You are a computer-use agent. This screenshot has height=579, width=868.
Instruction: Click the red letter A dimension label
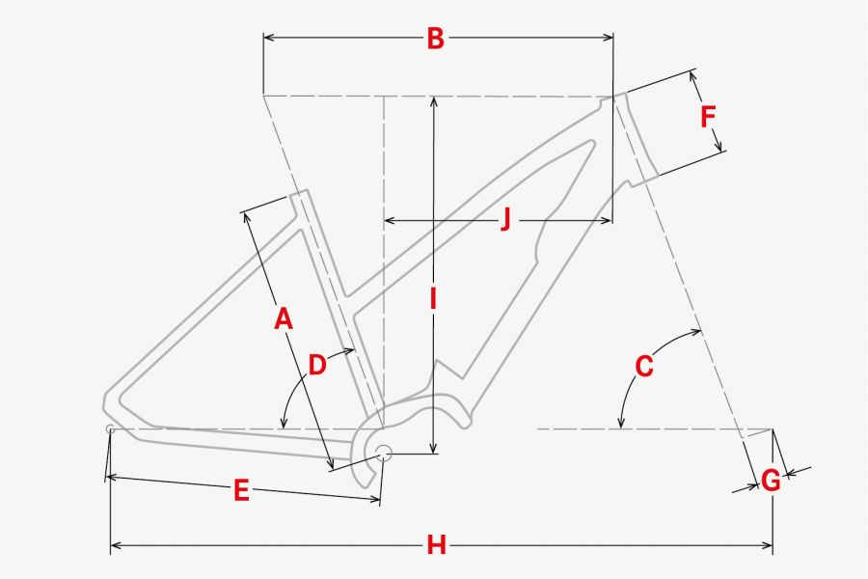283,319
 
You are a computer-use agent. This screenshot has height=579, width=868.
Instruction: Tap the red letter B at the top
436,39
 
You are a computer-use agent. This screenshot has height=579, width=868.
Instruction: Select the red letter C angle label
644,367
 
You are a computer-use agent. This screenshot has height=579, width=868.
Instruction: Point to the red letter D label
316,366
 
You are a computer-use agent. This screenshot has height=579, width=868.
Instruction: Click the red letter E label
241,491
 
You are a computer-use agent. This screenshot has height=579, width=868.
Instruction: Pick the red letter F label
708,117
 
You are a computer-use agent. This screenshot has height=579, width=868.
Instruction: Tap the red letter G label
771,481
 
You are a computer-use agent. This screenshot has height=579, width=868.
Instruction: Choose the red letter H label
436,545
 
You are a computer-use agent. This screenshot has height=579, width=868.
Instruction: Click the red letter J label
504,219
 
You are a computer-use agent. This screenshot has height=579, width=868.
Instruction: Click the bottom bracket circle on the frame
384,453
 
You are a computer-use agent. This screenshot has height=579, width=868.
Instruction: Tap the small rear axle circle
110,428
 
